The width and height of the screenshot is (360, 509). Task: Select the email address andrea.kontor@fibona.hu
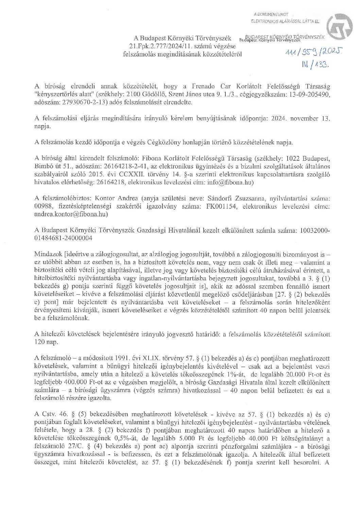[x=71, y=214]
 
